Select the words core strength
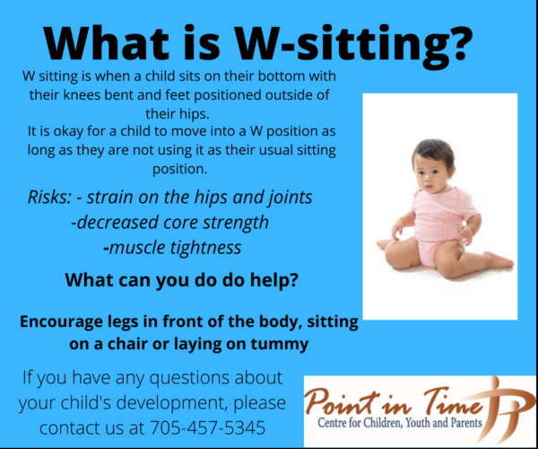215,221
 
